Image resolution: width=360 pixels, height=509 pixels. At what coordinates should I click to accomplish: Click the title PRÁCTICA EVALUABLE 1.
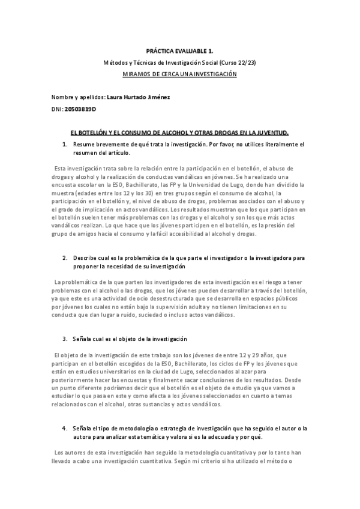tap(180, 52)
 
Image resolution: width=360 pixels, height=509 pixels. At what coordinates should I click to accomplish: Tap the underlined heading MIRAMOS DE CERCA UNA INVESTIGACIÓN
tap(180, 74)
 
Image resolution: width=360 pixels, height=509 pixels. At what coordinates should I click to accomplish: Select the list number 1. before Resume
tap(65, 145)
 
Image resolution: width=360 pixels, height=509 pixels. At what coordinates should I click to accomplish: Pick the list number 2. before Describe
tap(65, 258)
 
